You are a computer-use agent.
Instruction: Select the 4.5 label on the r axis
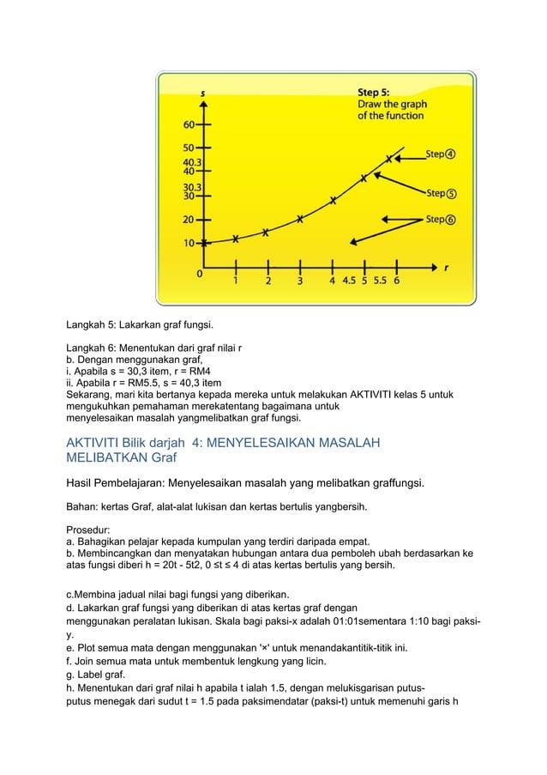click(x=350, y=280)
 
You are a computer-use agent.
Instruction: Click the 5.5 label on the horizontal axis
click(x=379, y=280)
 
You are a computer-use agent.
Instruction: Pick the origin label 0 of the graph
click(x=200, y=275)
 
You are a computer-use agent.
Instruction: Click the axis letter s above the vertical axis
click(x=202, y=93)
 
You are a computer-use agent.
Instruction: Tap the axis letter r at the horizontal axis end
click(x=446, y=267)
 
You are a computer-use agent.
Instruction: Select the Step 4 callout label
click(x=441, y=154)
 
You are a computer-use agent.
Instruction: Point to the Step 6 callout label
click(x=441, y=219)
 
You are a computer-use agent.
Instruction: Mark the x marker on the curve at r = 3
click(x=299, y=219)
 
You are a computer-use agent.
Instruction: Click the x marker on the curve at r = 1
click(x=236, y=239)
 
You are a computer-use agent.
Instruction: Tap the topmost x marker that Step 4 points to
click(x=389, y=159)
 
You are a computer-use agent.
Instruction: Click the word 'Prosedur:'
click(x=90, y=530)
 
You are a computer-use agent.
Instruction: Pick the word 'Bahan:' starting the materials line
click(x=85, y=506)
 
